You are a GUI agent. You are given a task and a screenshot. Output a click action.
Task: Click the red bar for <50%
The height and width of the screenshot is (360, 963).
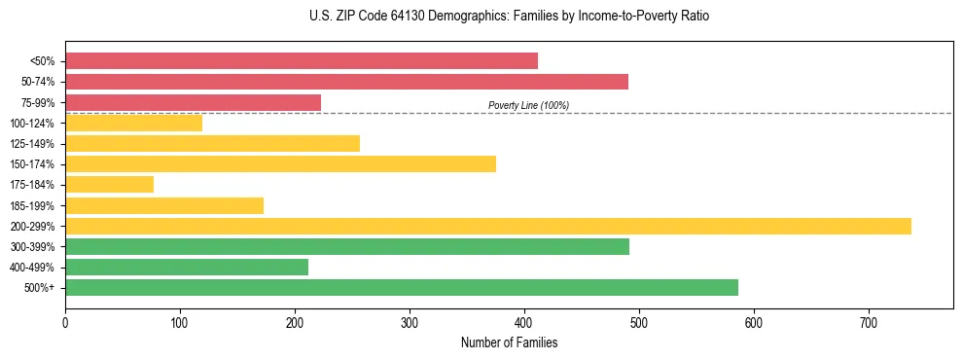[302, 61]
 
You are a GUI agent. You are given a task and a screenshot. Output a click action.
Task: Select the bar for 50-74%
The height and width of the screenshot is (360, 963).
[346, 82]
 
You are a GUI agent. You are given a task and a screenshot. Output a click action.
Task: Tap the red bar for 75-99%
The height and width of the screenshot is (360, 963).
[193, 102]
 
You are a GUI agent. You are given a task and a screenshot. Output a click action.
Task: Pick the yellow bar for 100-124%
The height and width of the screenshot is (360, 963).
[133, 123]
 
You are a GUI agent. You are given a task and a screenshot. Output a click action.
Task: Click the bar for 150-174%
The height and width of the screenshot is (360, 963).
[280, 164]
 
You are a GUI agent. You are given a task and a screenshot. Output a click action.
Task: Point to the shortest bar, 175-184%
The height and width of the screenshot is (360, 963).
[109, 185]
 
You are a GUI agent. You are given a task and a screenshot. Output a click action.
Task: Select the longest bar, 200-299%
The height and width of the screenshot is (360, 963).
[488, 226]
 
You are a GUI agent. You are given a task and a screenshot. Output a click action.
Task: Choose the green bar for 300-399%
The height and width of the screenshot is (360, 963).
[347, 246]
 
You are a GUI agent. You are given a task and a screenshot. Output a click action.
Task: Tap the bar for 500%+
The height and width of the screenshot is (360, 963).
[402, 288]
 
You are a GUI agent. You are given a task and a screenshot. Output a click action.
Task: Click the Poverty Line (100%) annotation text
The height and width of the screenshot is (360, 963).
[528, 105]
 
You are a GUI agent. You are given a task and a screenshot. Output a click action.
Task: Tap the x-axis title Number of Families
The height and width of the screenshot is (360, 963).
[509, 342]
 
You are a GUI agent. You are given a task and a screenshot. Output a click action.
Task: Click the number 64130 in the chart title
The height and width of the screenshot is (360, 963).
[384, 17]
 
